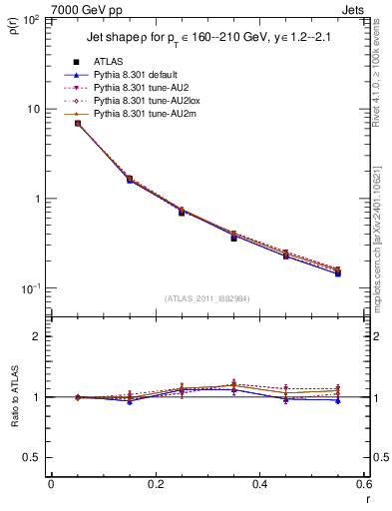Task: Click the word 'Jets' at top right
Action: [356, 10]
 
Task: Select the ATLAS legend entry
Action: [108, 62]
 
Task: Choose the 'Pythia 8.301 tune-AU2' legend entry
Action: [141, 88]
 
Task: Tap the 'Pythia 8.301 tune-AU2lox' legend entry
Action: [145, 101]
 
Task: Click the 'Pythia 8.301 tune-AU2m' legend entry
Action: [144, 114]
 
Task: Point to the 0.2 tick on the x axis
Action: [155, 485]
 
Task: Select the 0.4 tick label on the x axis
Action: [259, 485]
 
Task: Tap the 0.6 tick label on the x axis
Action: [363, 485]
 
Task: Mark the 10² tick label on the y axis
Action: [34, 20]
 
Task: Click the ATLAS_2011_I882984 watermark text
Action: [206, 297]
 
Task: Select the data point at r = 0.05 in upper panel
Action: [78, 123]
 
